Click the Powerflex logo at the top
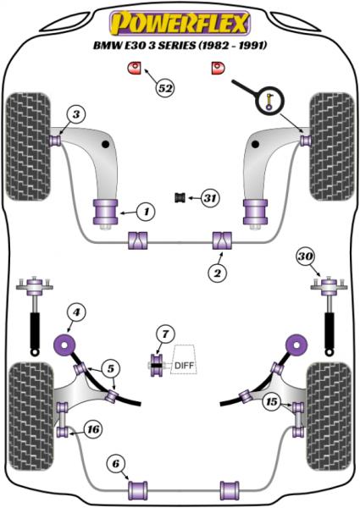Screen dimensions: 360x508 click(x=180, y=24)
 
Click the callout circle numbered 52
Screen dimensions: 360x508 click(x=165, y=87)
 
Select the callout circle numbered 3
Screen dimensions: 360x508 click(x=76, y=114)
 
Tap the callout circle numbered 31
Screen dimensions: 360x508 click(x=210, y=197)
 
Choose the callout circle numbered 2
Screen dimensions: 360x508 click(x=217, y=273)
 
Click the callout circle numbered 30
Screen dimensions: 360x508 click(x=306, y=257)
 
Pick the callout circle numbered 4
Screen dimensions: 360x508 click(x=76, y=312)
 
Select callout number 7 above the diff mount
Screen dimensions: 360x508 click(x=165, y=334)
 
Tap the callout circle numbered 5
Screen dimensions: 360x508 click(x=111, y=368)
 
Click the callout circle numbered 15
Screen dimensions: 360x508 click(x=272, y=401)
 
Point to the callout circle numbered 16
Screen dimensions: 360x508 click(x=93, y=429)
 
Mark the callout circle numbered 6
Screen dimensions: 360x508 click(x=116, y=464)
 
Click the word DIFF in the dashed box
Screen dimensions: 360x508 click(x=184, y=366)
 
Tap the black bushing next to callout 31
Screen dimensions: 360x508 click(x=180, y=197)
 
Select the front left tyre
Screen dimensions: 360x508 click(x=29, y=146)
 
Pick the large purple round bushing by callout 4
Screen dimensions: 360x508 click(x=65, y=345)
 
